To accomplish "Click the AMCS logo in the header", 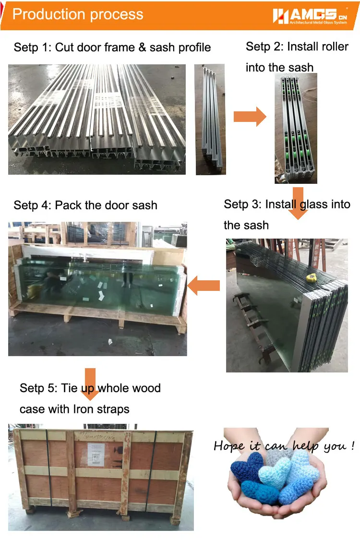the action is click(310, 16).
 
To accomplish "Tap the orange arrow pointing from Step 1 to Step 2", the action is click(250, 117).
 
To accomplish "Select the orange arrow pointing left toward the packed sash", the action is click(204, 286).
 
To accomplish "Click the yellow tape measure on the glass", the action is click(312, 277).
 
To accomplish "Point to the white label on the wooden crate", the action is click(96, 455).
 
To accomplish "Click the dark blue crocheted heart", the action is click(247, 467).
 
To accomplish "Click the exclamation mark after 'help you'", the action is click(353, 445).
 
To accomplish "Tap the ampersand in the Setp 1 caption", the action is click(142, 47).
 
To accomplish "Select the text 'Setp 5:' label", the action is click(38, 388).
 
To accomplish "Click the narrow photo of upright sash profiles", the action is click(211, 119).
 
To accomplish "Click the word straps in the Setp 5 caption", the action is click(113, 409).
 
